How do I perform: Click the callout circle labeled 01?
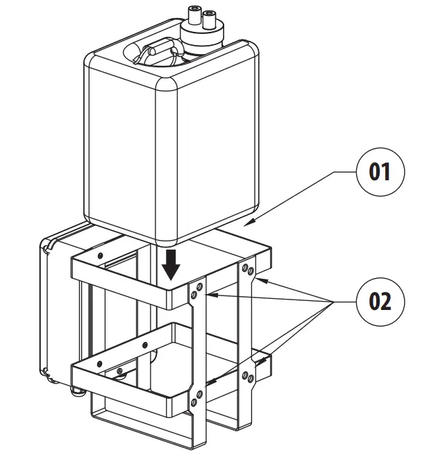point(380,171)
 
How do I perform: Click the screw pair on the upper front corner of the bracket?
point(196,291)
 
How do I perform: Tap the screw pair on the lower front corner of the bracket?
point(197,398)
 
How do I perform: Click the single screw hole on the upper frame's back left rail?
point(101,256)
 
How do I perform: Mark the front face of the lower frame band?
point(128,386)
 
